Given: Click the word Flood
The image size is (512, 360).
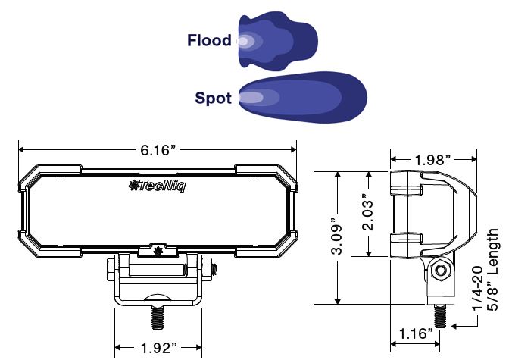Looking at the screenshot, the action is coord(209,40).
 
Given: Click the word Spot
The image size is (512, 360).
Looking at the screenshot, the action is coord(214,98).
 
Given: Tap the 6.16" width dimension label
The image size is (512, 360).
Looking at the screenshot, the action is coord(158,150).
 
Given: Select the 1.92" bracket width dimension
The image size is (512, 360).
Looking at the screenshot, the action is coord(158,348).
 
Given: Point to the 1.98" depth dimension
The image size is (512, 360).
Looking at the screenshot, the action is coord(432,160).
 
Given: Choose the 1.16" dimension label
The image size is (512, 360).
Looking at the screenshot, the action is coord(416,334).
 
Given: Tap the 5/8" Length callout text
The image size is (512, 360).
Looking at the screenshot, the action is coord(492,270).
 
